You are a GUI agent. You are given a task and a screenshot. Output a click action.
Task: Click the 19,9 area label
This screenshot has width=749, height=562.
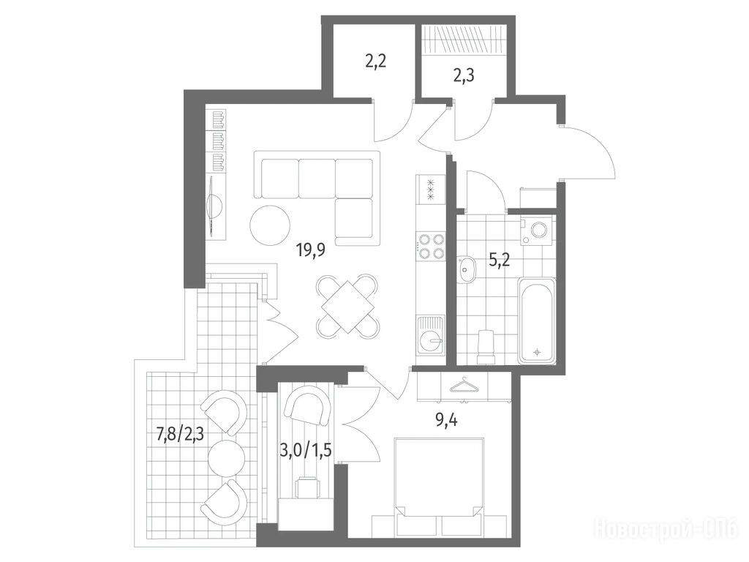click(x=311, y=250)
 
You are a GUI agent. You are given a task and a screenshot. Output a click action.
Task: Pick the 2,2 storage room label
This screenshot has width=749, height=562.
click(x=375, y=61)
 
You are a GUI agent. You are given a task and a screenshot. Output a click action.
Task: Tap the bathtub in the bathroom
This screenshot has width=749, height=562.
click(x=537, y=321)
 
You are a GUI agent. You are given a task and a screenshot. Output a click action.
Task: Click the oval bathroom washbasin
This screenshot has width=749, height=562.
click(x=466, y=270)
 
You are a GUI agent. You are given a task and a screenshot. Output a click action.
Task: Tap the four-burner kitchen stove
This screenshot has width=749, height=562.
click(x=430, y=247)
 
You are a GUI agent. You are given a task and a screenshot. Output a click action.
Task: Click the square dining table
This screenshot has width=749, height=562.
click(x=347, y=307)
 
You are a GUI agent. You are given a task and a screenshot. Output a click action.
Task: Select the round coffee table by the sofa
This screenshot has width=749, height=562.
click(x=269, y=225)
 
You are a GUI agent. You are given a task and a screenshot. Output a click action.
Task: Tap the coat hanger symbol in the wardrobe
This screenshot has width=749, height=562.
click(x=463, y=386)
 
